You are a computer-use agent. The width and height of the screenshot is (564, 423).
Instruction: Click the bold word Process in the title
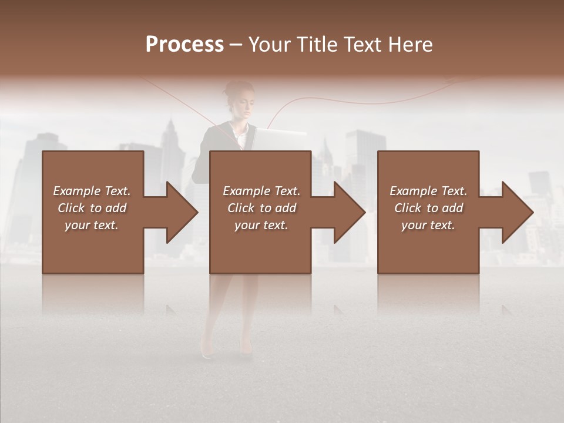(x=184, y=45)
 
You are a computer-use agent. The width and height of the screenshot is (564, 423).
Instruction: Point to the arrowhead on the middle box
(x=348, y=213)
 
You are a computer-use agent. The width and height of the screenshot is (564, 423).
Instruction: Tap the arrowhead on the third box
(x=516, y=213)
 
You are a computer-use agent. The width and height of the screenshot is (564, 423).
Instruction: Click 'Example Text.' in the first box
(x=92, y=191)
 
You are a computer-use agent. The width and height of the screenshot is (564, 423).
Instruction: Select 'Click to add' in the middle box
(x=261, y=208)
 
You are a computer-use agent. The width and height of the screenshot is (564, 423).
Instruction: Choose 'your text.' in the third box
(x=428, y=225)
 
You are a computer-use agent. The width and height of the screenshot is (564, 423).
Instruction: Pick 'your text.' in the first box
(x=92, y=225)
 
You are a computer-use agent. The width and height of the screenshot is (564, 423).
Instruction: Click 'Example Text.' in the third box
(x=428, y=191)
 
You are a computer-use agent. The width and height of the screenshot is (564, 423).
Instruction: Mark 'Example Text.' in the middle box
(x=261, y=191)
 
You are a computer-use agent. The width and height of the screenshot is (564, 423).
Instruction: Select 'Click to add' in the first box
(x=92, y=208)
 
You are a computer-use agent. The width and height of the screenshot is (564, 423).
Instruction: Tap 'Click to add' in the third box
(x=428, y=208)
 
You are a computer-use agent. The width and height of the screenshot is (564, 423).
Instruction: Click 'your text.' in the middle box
(x=261, y=225)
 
